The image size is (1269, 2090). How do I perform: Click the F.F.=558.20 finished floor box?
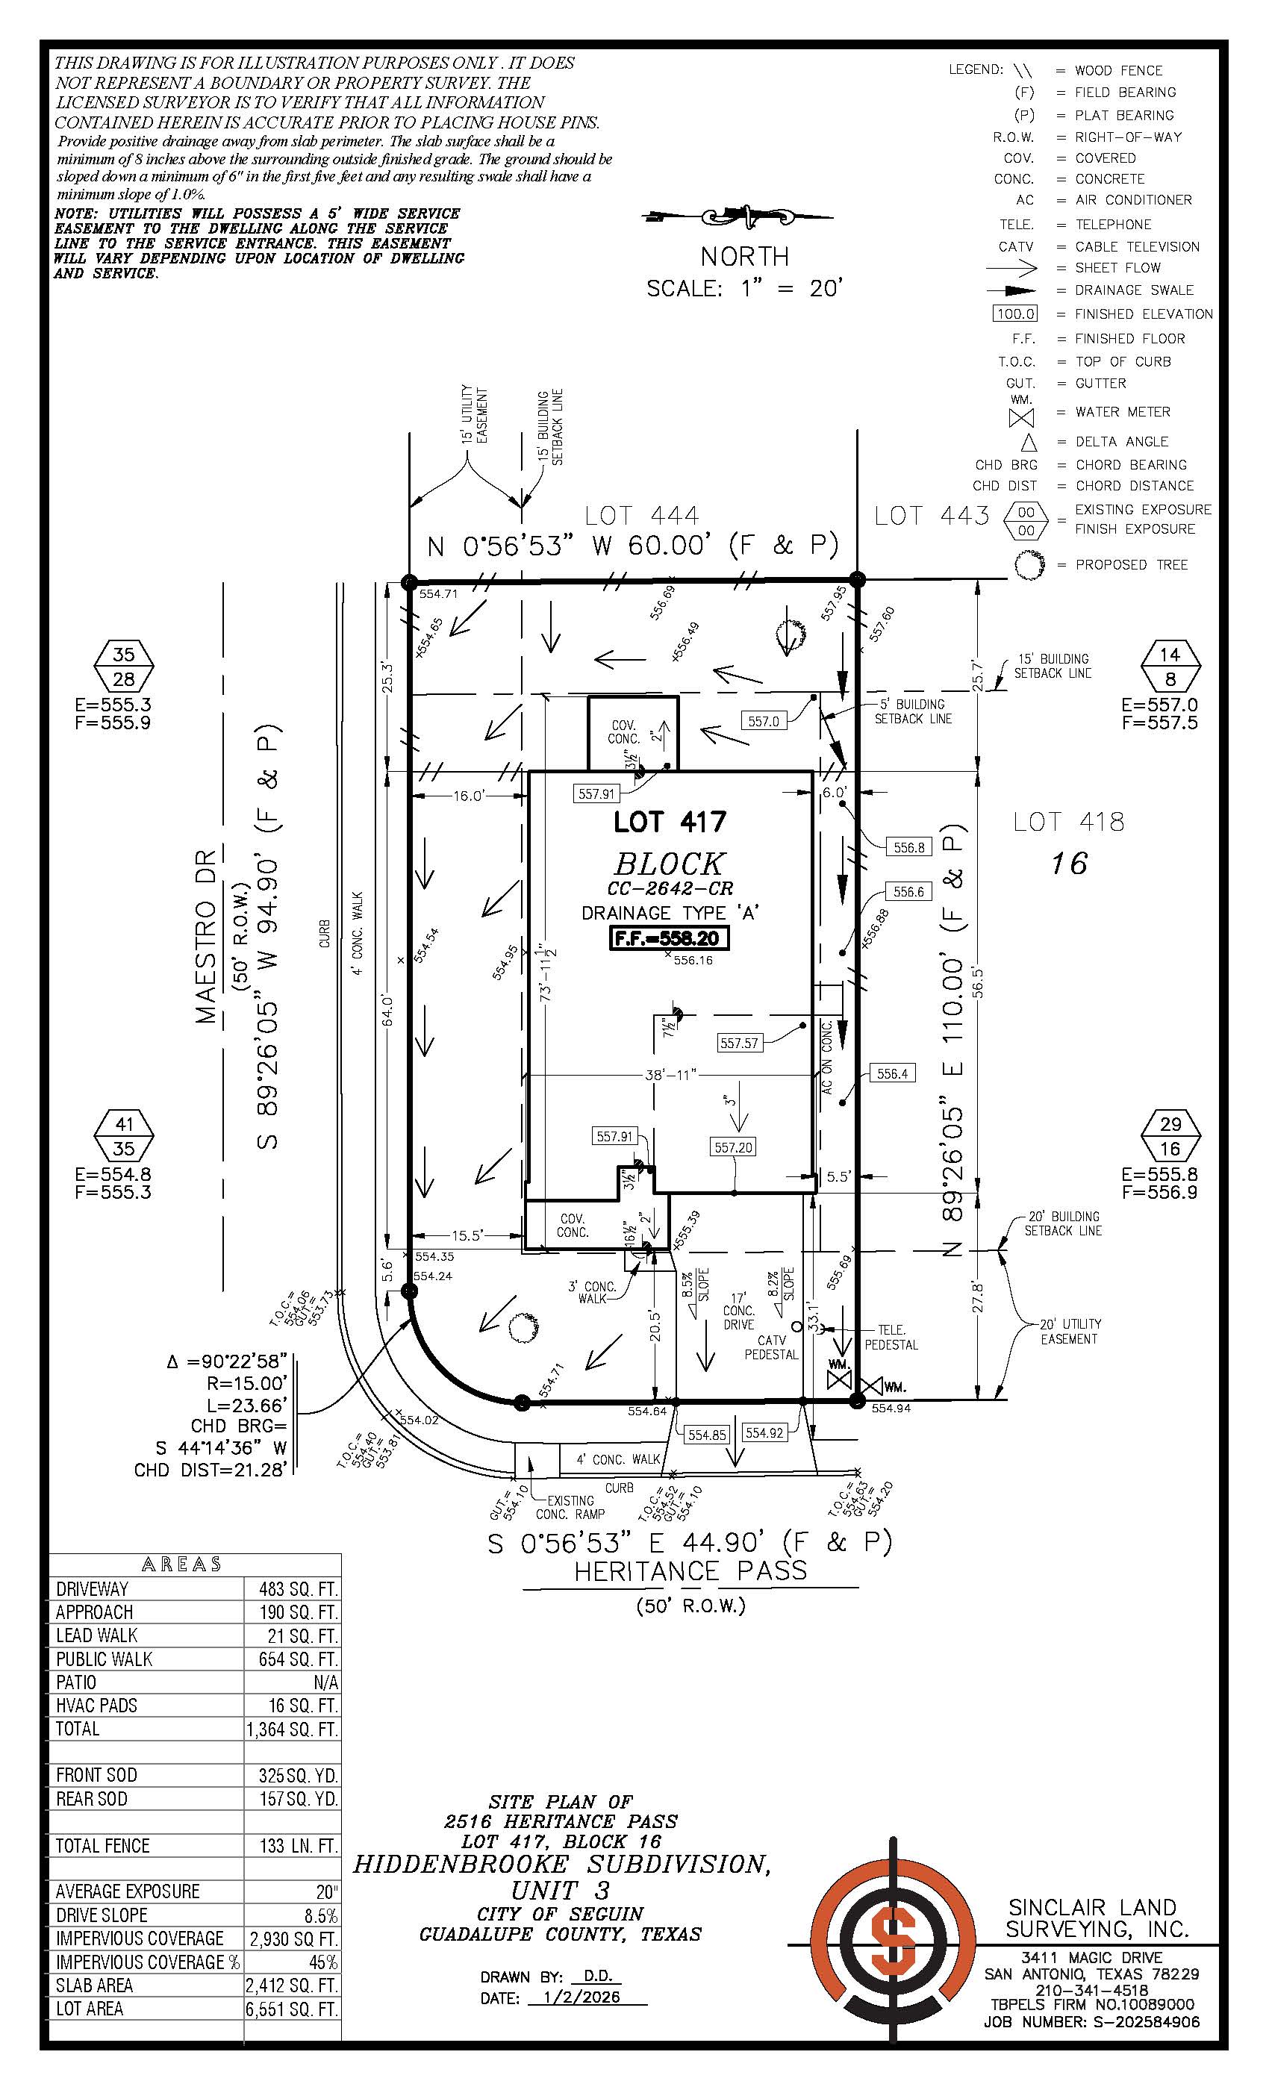[x=670, y=938]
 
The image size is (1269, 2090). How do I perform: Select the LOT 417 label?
[x=670, y=821]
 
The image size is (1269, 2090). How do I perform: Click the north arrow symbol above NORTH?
[x=744, y=217]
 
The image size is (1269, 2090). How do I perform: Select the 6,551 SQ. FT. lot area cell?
[x=292, y=2009]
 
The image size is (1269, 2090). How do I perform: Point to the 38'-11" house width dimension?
[x=670, y=1075]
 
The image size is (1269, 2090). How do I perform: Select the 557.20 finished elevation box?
[x=733, y=1147]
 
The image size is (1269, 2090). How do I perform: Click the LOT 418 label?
[x=1068, y=821]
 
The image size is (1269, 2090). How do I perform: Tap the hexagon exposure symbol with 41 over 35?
[x=124, y=1136]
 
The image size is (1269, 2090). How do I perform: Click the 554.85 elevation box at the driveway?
[x=707, y=1435]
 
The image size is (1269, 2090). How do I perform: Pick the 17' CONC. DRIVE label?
[x=738, y=1311]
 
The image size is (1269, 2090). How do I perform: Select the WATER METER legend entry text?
[x=1122, y=411]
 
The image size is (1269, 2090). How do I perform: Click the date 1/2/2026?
[x=586, y=1997]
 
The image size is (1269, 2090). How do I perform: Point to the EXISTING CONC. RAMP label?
[x=570, y=1507]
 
